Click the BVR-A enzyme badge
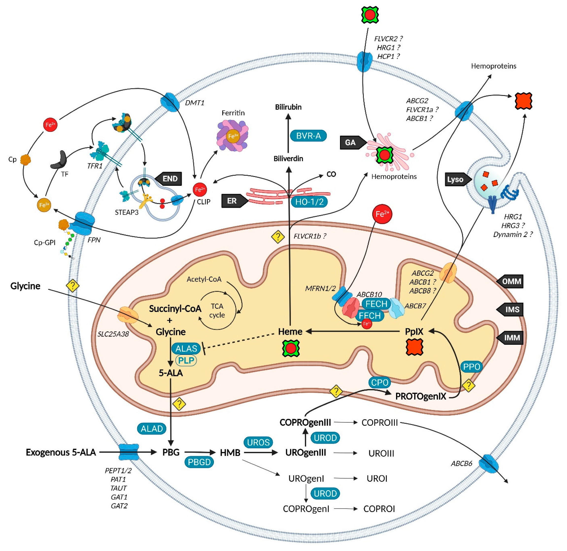[308, 136]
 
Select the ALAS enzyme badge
[186, 348]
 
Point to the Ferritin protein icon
[232, 136]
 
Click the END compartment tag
[169, 179]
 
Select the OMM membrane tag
[511, 281]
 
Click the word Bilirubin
[288, 107]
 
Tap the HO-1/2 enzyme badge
[309, 202]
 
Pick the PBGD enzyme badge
[199, 462]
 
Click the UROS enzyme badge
[258, 442]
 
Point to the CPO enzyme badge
[379, 383]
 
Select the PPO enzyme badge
[471, 367]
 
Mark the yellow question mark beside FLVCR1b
[277, 237]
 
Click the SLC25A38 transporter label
[113, 334]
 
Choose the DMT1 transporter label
[194, 103]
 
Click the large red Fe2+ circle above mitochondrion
[382, 214]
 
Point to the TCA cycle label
[217, 310]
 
